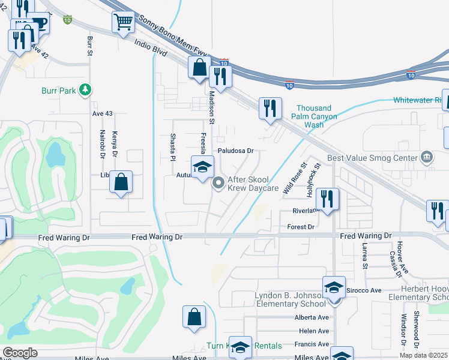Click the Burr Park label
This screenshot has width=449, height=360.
tap(58, 91)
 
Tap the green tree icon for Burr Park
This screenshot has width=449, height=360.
tap(85, 90)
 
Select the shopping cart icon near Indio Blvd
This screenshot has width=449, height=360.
tap(123, 23)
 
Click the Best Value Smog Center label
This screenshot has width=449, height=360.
tap(372, 159)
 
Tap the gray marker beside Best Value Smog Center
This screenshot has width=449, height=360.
tap(427, 158)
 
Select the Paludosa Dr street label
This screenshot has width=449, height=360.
tap(236, 151)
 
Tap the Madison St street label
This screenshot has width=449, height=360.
tap(212, 95)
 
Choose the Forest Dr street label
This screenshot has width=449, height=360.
tap(301, 227)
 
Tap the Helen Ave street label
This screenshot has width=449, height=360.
tap(314, 331)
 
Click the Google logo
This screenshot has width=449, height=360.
tap(20, 353)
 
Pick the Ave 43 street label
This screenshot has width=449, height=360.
tap(102, 113)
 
